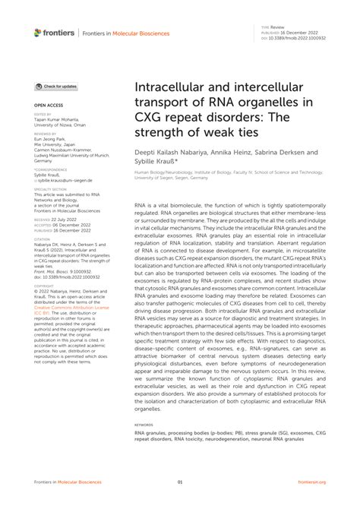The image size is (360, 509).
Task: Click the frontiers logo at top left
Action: [x=54, y=33]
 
